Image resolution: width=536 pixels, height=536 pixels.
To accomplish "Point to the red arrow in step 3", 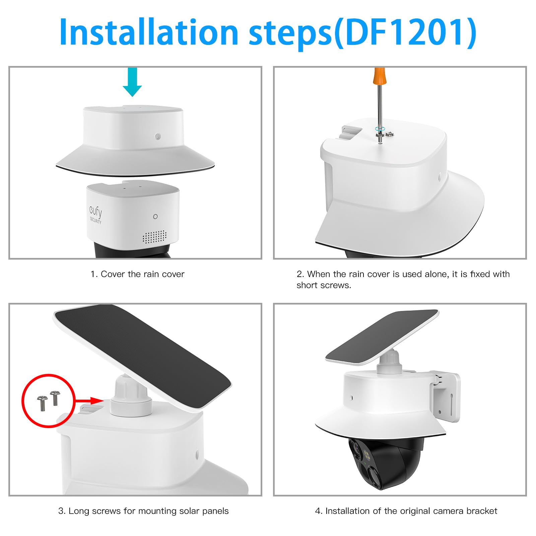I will click(90, 401).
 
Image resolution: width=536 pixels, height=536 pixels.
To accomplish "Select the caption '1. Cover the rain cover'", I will click(137, 274).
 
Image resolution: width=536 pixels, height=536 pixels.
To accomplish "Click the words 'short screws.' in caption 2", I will click(324, 285).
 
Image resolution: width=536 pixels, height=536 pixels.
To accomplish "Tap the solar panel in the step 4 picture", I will click(382, 337).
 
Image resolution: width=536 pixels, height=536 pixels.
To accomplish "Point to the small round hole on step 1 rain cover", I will click(158, 136).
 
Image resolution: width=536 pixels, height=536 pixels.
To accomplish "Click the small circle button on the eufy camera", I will click(155, 217).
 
